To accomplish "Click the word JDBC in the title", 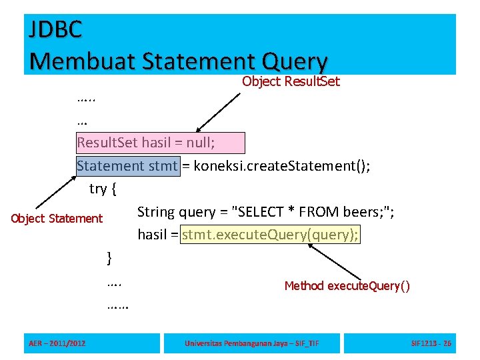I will coord(56,29).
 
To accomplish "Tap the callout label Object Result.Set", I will coord(291,82).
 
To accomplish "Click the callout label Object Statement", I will coord(57,219).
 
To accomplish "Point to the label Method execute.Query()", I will coord(347,286).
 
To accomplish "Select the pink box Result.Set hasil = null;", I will coord(161,143).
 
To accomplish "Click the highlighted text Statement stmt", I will coord(127,165).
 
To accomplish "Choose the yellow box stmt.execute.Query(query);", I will coord(271,234).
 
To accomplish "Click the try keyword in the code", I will coord(98,189).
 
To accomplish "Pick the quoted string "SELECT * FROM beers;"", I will coord(313,213).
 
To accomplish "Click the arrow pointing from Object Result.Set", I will coord(218,111).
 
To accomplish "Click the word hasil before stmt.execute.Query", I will coord(153,234).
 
